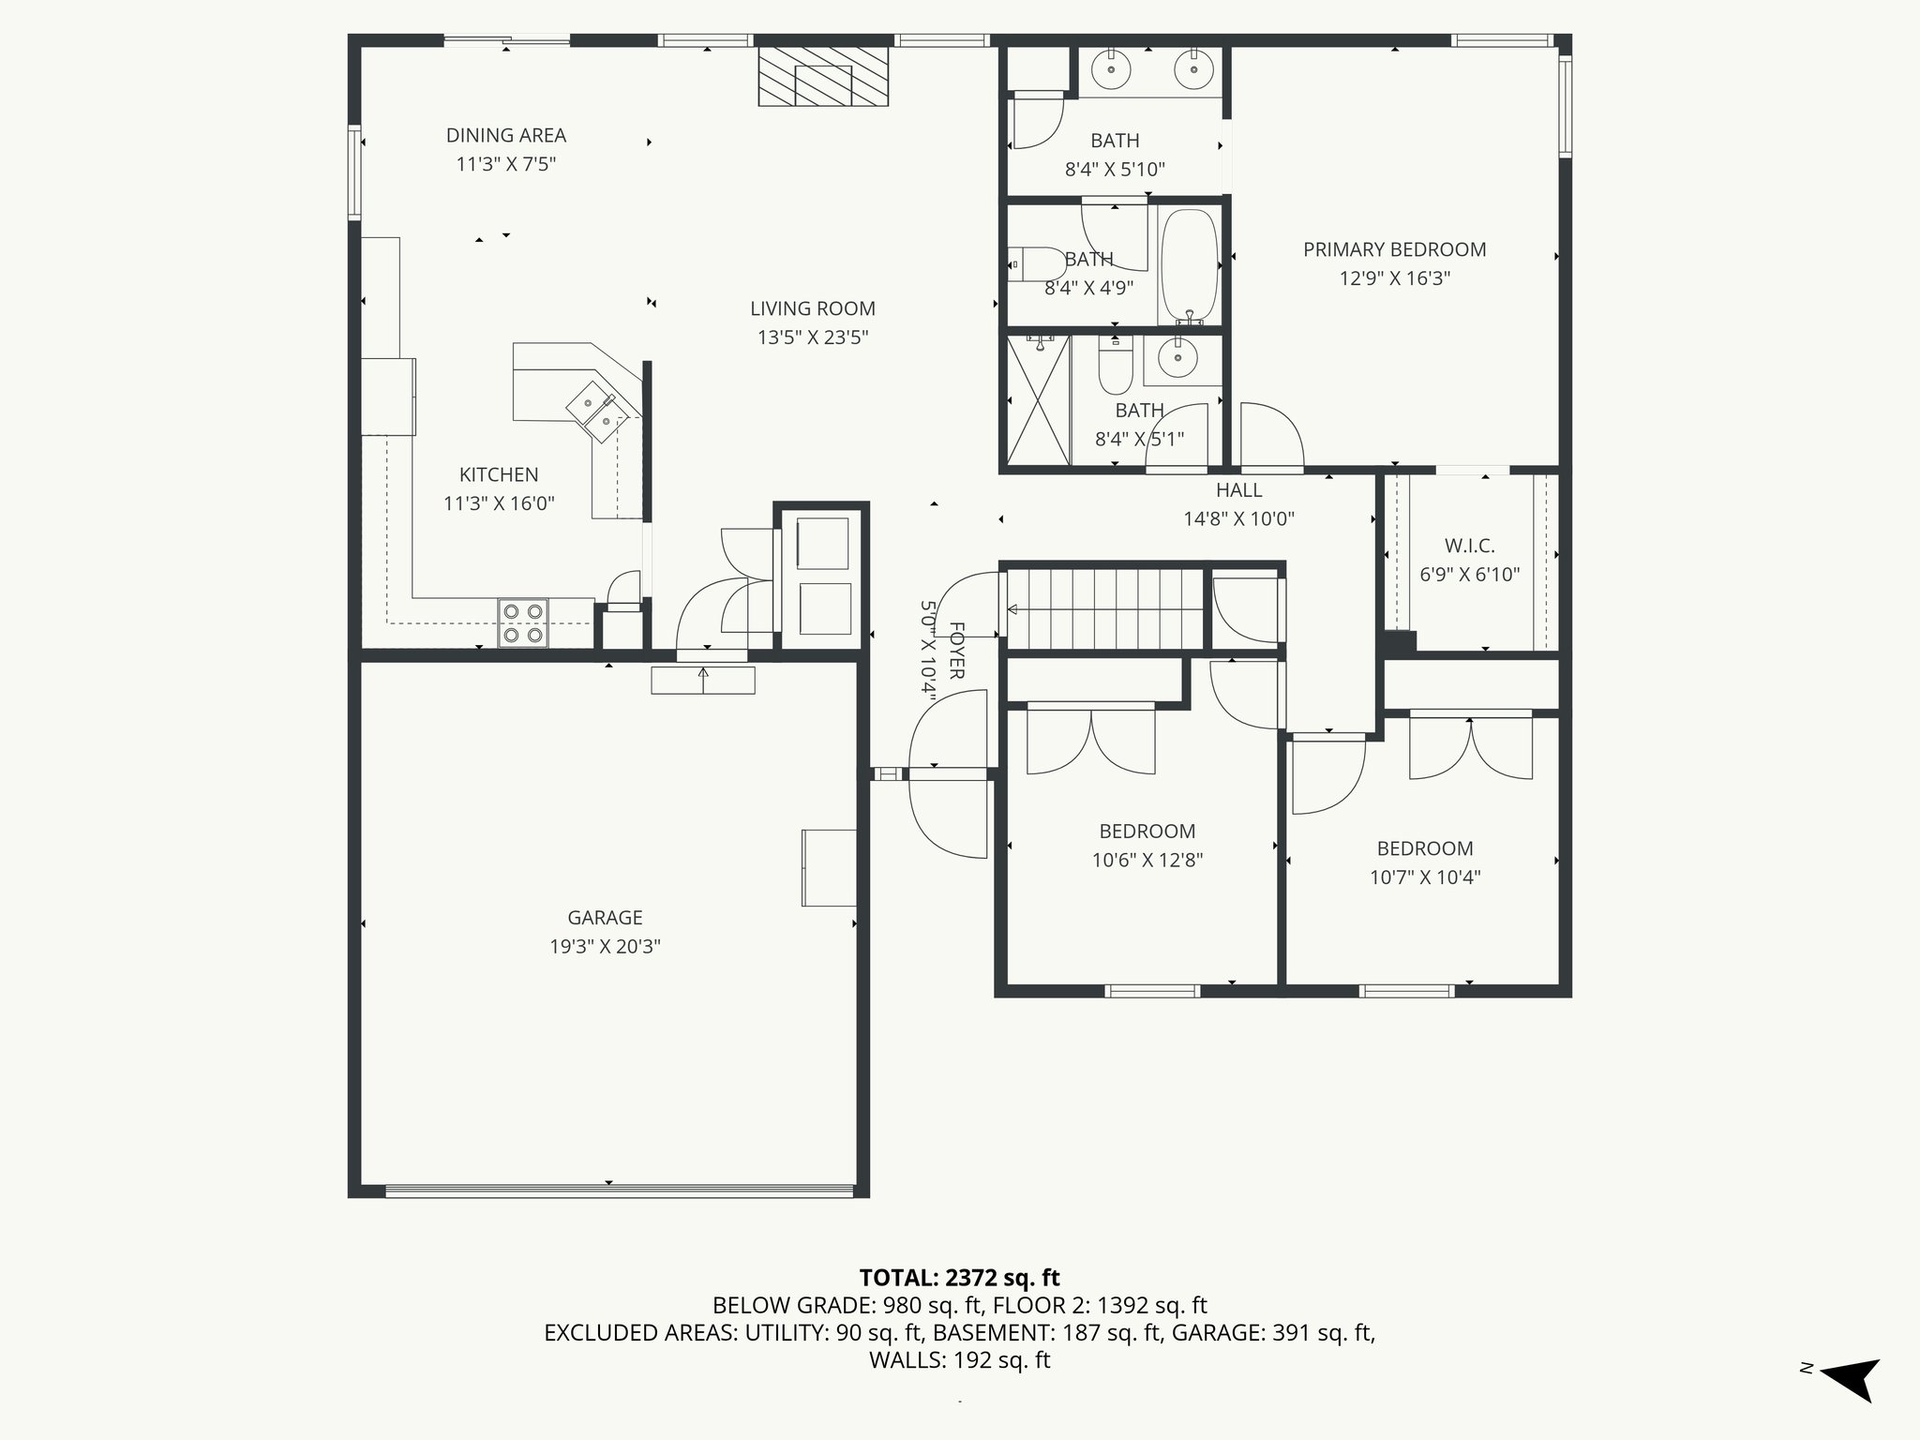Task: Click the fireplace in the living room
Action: [822, 76]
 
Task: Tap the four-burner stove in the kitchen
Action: [523, 623]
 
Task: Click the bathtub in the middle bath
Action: [1189, 266]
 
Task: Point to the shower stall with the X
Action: [1039, 399]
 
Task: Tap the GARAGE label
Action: [605, 918]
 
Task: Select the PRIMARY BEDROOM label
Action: [1394, 249]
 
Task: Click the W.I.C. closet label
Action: [1469, 546]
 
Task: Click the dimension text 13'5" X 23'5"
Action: [813, 337]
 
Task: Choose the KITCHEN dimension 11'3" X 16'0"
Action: [499, 503]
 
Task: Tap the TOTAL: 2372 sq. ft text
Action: [959, 1277]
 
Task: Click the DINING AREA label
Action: [506, 135]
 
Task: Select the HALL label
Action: [1238, 489]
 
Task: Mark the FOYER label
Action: [956, 650]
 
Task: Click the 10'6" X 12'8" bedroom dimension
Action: [1147, 860]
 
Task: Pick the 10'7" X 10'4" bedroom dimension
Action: [1425, 877]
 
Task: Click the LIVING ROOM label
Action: [813, 308]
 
